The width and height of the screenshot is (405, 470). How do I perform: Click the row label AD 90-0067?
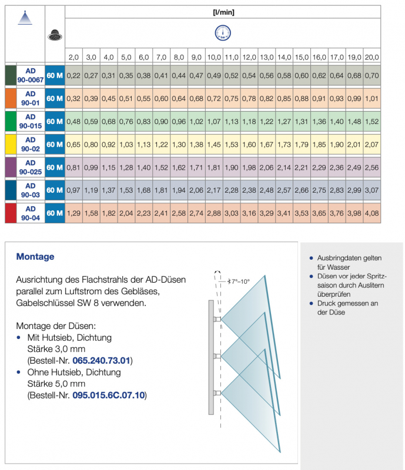[x=31, y=76]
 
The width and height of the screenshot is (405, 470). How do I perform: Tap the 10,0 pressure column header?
[x=213, y=58]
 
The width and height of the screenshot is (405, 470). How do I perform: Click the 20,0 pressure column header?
[x=371, y=58]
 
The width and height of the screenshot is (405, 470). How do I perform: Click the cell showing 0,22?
[x=73, y=76]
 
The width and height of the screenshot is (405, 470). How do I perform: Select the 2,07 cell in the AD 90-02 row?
[x=371, y=144]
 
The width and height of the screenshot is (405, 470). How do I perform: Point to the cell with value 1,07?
[x=213, y=121]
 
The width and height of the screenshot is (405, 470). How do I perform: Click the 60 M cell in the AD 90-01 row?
[x=54, y=98]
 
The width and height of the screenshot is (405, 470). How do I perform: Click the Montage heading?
[x=35, y=257]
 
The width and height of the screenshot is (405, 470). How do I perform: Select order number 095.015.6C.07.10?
[x=109, y=396]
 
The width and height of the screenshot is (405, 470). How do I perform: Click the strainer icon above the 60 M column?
[x=54, y=35]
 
